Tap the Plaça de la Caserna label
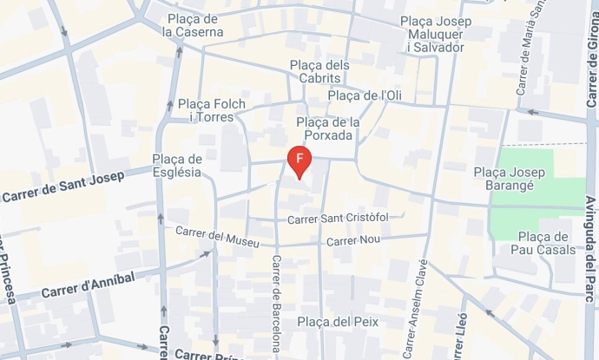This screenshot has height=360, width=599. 193,25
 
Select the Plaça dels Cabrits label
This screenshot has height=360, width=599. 319,71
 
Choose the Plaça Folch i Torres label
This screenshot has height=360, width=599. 212,110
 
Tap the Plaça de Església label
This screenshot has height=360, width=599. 177,165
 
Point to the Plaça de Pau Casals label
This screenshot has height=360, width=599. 544,243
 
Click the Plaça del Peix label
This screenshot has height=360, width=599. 338,322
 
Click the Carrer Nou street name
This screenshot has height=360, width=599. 353,239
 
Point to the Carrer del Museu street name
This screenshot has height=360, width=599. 217,236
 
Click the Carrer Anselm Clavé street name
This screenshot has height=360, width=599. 415,308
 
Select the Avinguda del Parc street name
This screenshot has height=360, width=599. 589,252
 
